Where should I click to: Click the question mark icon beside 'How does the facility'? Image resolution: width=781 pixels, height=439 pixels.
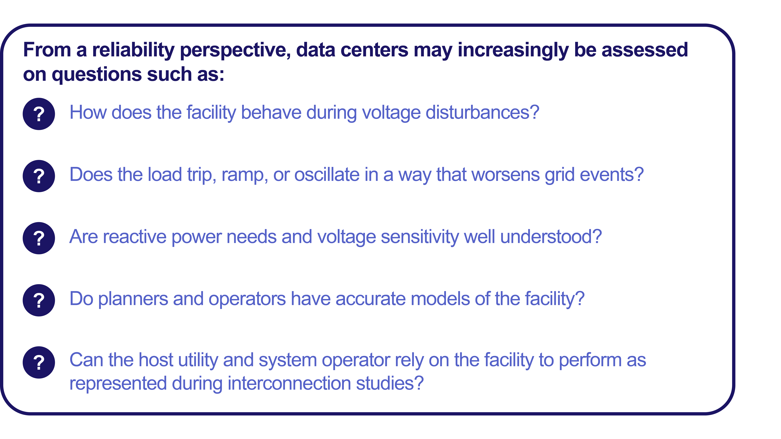pyautogui.click(x=39, y=114)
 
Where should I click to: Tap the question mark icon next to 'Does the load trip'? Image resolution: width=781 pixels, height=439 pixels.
pyautogui.click(x=39, y=176)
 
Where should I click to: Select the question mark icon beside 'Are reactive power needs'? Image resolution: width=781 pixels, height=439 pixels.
pyautogui.click(x=39, y=238)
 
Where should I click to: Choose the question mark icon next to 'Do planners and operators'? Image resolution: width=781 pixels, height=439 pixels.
pyautogui.click(x=39, y=300)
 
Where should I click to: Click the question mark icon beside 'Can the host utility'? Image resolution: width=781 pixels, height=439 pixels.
pyautogui.click(x=39, y=362)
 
